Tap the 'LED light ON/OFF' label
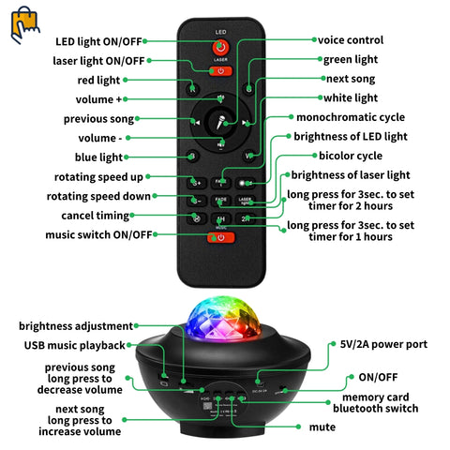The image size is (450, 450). pyautogui.click(x=97, y=41)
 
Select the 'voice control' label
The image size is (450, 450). pyautogui.click(x=350, y=40)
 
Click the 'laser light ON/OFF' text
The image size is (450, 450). pyautogui.click(x=99, y=61)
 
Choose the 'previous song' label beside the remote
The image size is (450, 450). pyautogui.click(x=98, y=119)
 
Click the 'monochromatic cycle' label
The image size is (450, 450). pyautogui.click(x=351, y=117)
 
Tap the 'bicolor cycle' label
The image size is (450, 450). pyautogui.click(x=350, y=155)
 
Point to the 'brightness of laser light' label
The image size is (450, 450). pyautogui.click(x=351, y=174)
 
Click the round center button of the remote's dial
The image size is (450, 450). pyautogui.click(x=221, y=121)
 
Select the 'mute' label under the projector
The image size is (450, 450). pyautogui.click(x=322, y=427)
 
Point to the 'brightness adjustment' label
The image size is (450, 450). pyautogui.click(x=76, y=325)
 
